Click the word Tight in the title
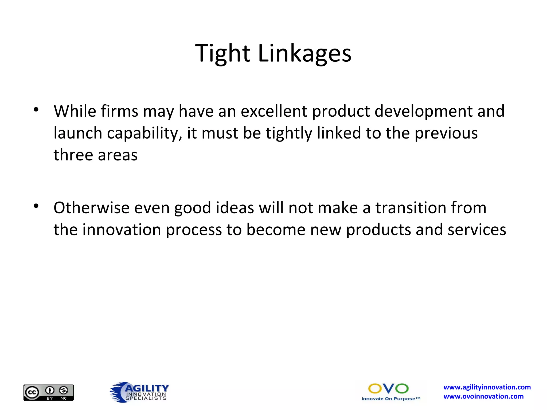[x=222, y=54]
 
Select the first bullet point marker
[x=36, y=109]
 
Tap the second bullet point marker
[x=36, y=206]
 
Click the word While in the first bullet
[x=75, y=111]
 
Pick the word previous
[x=446, y=133]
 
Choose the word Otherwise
[x=91, y=208]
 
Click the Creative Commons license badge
[x=49, y=392]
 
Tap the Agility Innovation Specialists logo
[x=139, y=392]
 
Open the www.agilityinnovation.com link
[x=487, y=387]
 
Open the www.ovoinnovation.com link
[x=483, y=396]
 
